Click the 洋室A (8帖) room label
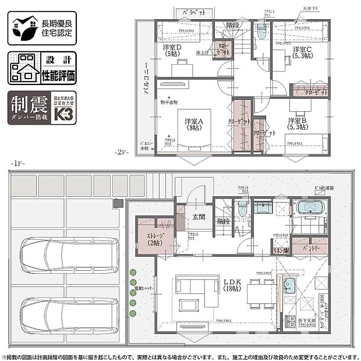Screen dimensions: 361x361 [194, 125]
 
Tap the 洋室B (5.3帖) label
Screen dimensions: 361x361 [298, 125]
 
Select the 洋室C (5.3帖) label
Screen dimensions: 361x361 [302, 52]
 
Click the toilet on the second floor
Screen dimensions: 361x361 [261, 34]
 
